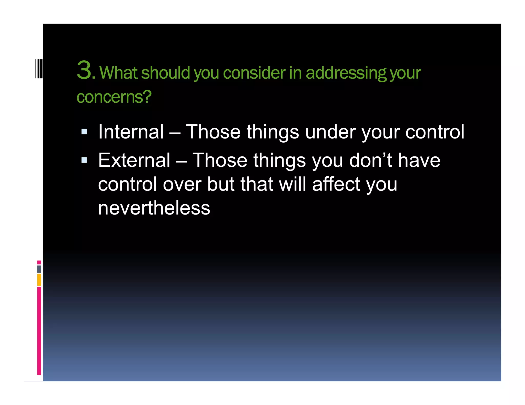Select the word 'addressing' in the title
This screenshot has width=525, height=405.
346,73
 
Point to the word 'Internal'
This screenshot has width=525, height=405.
131,132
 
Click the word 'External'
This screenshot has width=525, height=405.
134,160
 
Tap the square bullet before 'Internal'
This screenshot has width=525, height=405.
84,132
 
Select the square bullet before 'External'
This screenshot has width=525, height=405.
84,160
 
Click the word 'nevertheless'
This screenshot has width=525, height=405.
154,208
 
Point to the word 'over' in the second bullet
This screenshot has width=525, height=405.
182,185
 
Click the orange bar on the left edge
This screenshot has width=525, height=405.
39,280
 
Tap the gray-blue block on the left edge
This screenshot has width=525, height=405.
39,269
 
